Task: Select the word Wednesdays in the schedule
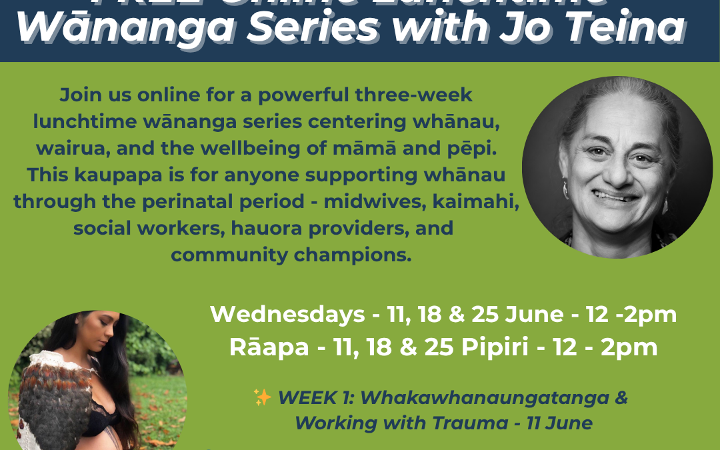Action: [x=287, y=315]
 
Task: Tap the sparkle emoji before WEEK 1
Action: [x=262, y=398]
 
